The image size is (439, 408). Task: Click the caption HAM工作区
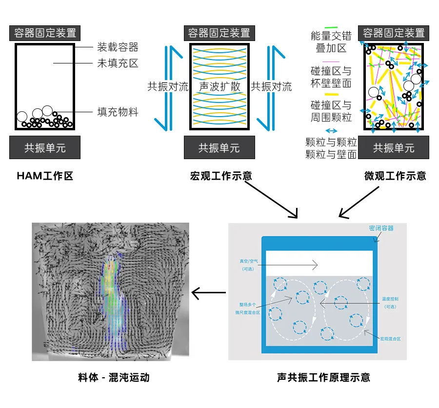pos(45,176)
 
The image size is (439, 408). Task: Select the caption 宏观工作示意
pos(221,176)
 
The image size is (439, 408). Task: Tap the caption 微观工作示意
pos(395,176)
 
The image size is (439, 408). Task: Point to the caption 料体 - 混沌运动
pos(114,377)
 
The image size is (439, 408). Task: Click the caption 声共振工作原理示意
pos(323,377)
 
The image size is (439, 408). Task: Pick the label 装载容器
pos(118,47)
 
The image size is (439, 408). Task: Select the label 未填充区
pos(118,63)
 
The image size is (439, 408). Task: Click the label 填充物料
pos(118,112)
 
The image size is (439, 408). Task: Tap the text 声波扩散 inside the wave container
pos(220,87)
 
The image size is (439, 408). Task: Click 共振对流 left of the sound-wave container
pos(168,87)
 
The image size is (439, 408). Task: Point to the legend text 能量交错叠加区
pos(331,42)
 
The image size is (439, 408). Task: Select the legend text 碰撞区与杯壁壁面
pos(331,77)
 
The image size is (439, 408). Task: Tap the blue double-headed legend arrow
pos(331,131)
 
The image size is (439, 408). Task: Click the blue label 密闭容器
pos(381,228)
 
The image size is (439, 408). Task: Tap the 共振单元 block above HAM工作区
pos(45,147)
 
